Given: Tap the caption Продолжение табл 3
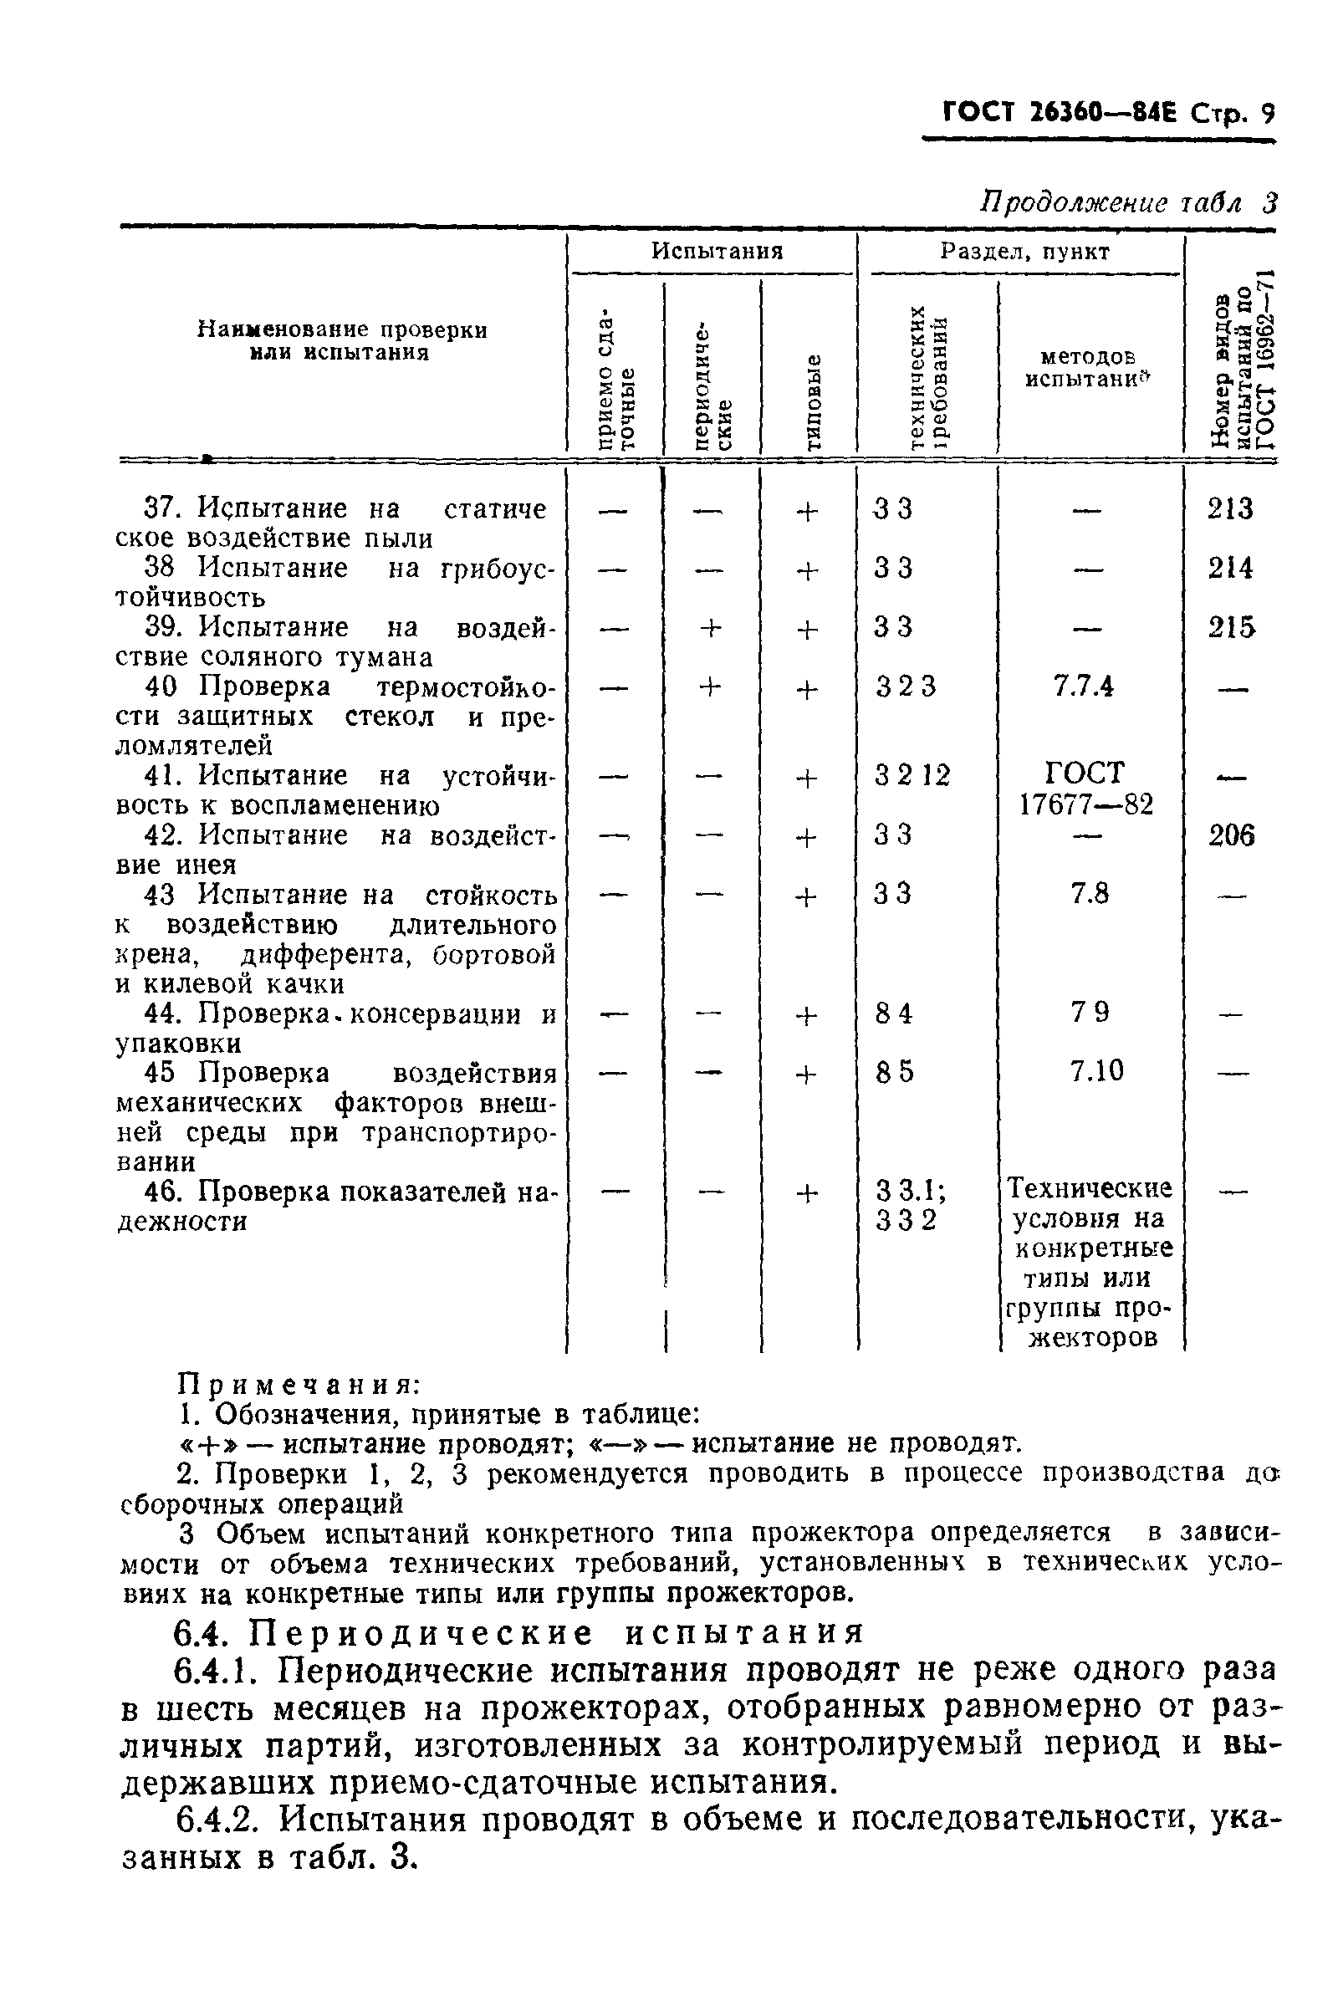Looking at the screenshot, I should [x=1127, y=202].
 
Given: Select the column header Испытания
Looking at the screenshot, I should [x=717, y=251].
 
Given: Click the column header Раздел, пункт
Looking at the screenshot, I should [x=1024, y=251].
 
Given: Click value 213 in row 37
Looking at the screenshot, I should [x=1229, y=509].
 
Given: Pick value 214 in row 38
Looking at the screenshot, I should [x=1229, y=568].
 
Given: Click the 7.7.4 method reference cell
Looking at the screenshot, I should [x=1083, y=687].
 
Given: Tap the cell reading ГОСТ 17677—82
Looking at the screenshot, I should [x=1085, y=789].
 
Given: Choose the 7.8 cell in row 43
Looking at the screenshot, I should [x=1089, y=894].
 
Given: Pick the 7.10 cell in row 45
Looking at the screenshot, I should [x=1096, y=1071].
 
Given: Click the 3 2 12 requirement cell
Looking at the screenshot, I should [x=912, y=776].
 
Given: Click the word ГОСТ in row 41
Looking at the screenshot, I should [x=1085, y=773].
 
